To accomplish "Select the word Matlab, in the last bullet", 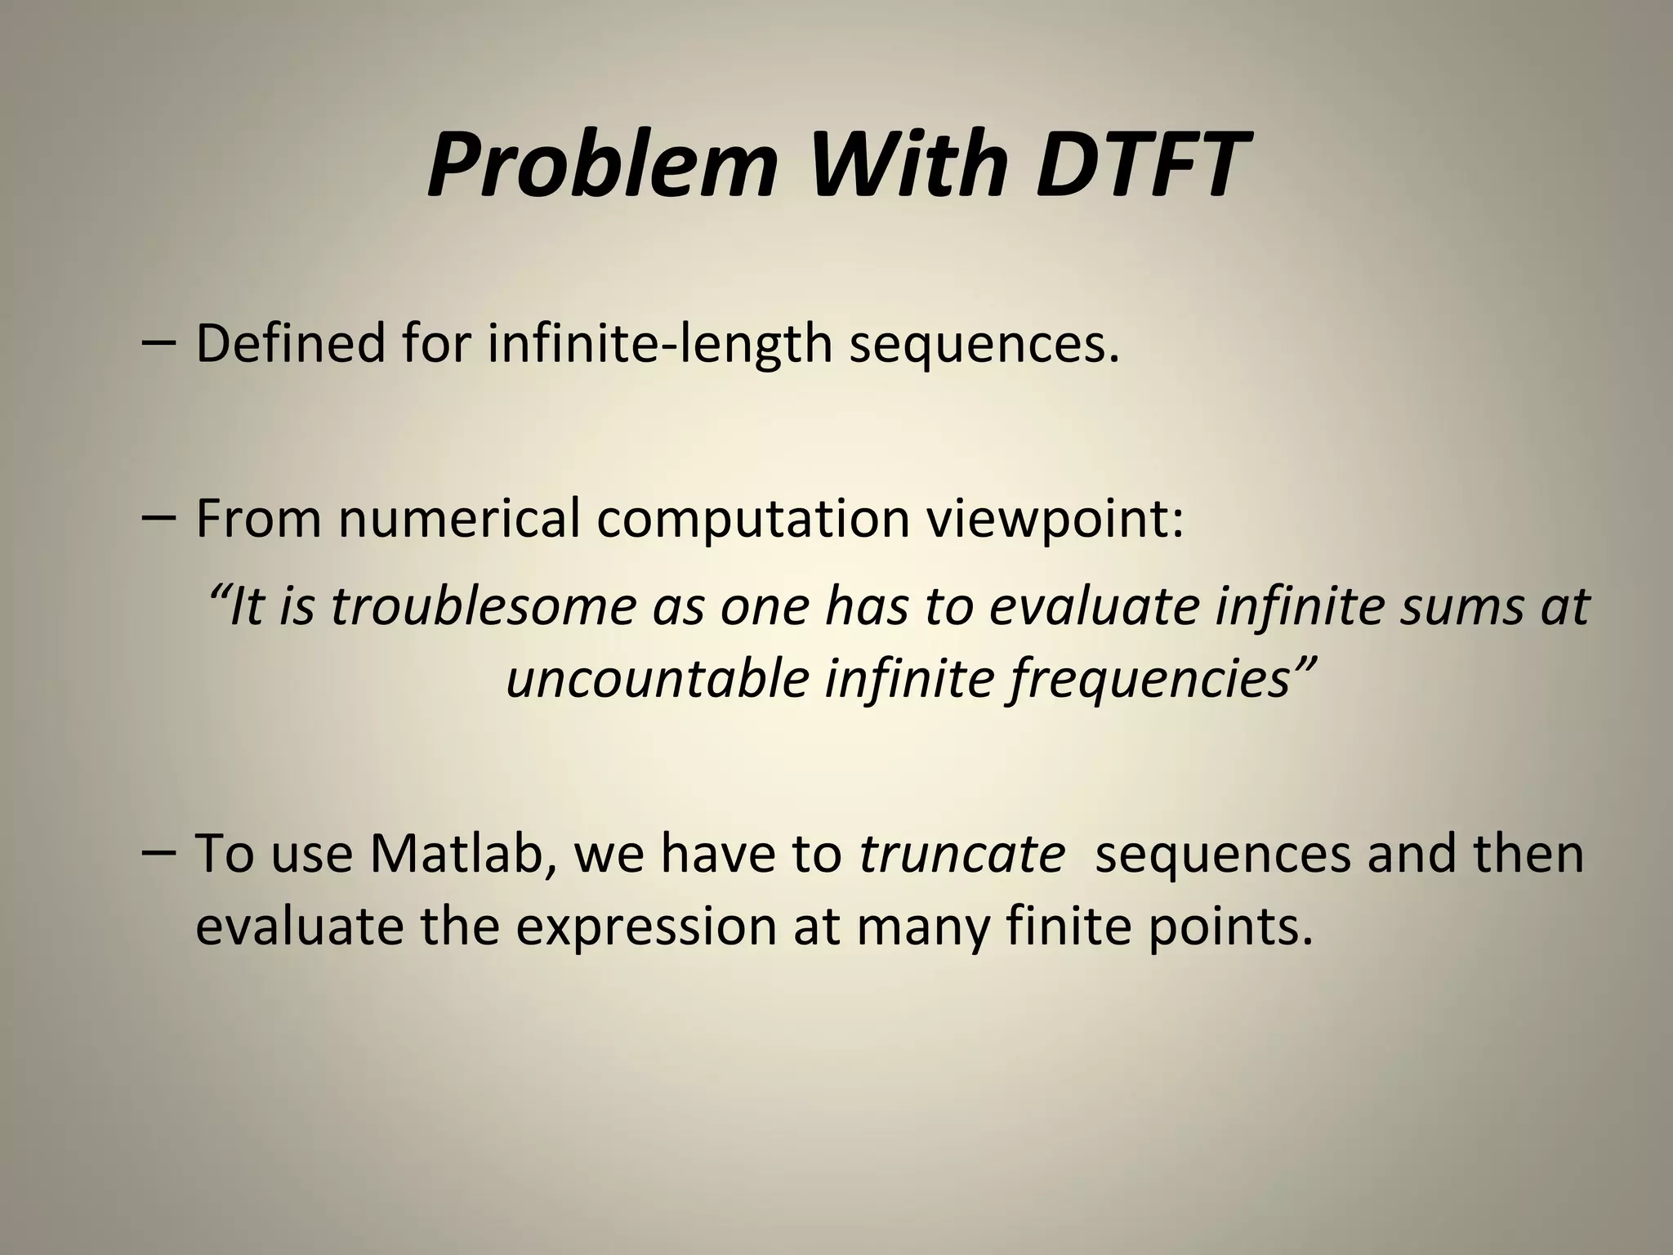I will [x=462, y=853].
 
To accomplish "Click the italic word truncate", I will [x=962, y=853].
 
